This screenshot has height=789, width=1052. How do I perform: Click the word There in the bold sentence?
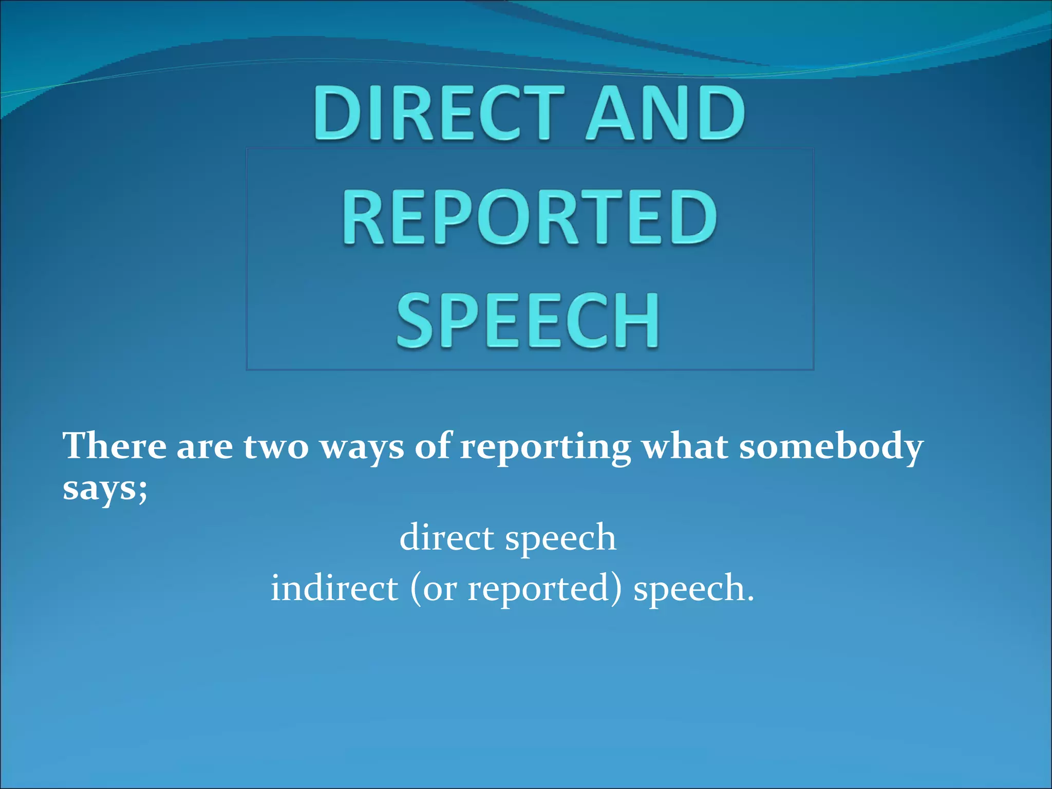(115, 446)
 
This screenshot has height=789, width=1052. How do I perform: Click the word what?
(685, 446)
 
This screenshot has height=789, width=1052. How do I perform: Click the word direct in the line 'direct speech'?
(447, 538)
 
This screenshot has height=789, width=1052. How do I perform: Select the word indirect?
(334, 588)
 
